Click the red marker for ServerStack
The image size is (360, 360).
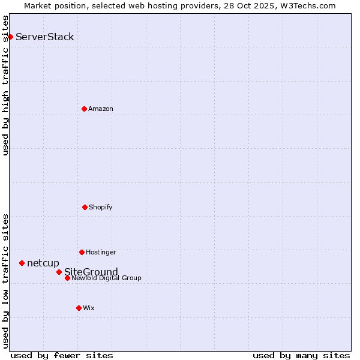10,37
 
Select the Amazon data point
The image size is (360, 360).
84,109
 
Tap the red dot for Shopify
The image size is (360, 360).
85,207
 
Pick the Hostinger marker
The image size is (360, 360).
82,252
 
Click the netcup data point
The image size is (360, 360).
22,263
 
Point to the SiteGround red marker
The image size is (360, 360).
59,272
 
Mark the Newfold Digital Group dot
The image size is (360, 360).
67,278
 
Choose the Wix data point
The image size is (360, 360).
79,308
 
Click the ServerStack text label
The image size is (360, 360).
45,37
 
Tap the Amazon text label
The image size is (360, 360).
101,109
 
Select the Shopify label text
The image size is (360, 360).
101,208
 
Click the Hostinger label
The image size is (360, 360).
101,253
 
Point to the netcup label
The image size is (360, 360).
43,263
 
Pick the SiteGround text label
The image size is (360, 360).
91,272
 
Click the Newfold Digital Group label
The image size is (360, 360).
107,278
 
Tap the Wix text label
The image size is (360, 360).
89,308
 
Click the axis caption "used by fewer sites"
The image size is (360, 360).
62,355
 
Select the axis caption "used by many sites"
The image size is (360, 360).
301,355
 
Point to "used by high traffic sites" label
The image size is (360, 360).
6,85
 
